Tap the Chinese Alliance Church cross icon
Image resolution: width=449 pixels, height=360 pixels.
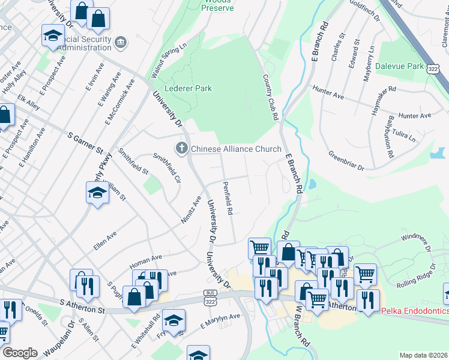[181, 148]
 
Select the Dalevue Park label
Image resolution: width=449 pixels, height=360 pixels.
[400, 67]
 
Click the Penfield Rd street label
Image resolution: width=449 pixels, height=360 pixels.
[228, 199]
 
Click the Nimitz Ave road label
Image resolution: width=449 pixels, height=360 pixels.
[191, 210]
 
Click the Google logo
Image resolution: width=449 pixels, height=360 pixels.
[20, 353]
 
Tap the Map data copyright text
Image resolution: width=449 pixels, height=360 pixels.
[423, 355]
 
